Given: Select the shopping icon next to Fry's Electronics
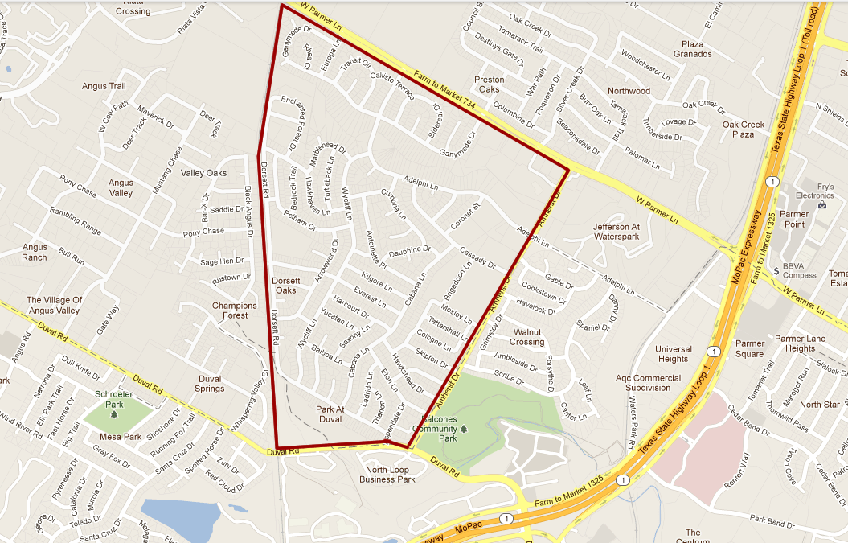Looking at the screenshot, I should pos(823,205).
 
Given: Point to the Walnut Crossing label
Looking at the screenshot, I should pos(526,336).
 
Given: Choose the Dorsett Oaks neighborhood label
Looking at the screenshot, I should pos(285,285).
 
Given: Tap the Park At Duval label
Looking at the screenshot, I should pos(330,413).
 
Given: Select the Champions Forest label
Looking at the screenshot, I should pos(235,311).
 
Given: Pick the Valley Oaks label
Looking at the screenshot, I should pos(203,173).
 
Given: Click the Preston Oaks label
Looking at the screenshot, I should pos(489,84).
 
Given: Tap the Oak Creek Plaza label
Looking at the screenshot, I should pos(743,130).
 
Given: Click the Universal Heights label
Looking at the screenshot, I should pos(673,354).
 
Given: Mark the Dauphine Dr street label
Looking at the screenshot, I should pos(410,251).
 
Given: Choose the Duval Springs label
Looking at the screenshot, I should pos(209,383).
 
